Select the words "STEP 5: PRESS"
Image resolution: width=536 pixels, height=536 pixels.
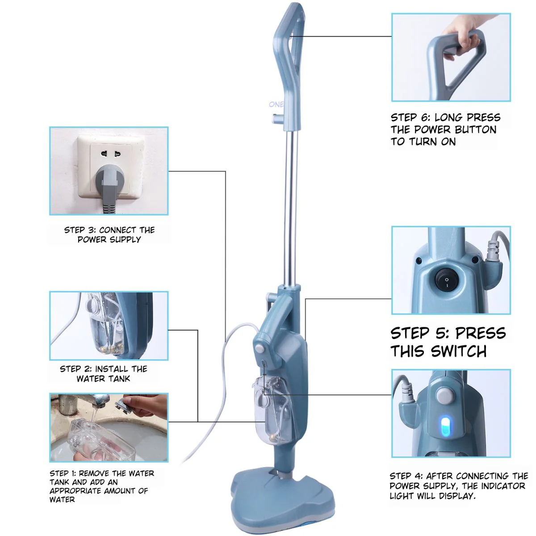click(x=448, y=333)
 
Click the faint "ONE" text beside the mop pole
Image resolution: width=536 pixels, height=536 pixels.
click(x=276, y=105)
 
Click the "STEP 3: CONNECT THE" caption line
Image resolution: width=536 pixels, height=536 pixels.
click(x=109, y=230)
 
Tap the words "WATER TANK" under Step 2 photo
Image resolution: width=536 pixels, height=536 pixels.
click(x=103, y=379)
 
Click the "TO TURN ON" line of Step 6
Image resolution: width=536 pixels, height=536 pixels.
click(x=423, y=142)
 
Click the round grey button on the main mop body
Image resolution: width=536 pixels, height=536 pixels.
click(x=260, y=348)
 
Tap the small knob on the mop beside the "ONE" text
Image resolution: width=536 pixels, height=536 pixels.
click(x=277, y=118)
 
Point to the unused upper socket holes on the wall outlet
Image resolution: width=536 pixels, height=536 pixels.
click(x=111, y=153)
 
